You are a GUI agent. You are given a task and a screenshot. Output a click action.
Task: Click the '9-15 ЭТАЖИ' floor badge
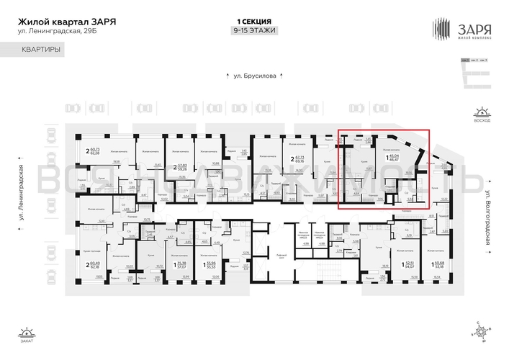tap(253, 31)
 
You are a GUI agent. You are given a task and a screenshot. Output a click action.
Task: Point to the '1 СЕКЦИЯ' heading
tap(253, 22)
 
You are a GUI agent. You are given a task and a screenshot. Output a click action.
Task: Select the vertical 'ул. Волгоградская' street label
tap(487, 218)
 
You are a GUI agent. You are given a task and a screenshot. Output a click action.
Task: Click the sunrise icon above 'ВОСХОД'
tap(481, 113)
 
